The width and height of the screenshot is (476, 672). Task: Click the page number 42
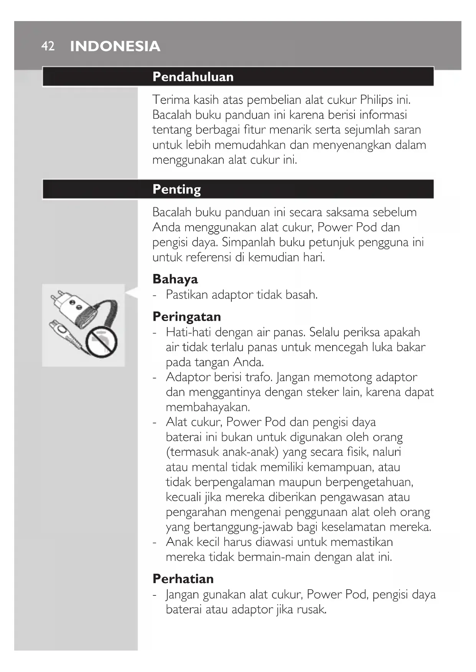click(x=48, y=46)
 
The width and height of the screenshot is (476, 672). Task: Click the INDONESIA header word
click(x=115, y=46)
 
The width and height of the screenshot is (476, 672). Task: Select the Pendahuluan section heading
click(x=193, y=77)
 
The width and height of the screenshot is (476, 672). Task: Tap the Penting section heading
click(x=176, y=189)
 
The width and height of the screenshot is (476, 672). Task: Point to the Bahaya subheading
click(x=175, y=279)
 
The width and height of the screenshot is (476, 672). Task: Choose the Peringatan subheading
click(x=186, y=316)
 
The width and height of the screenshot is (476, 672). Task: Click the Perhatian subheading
click(x=183, y=579)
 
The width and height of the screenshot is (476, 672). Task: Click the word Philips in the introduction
click(x=376, y=100)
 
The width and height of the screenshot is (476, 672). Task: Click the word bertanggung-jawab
click(x=224, y=527)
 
